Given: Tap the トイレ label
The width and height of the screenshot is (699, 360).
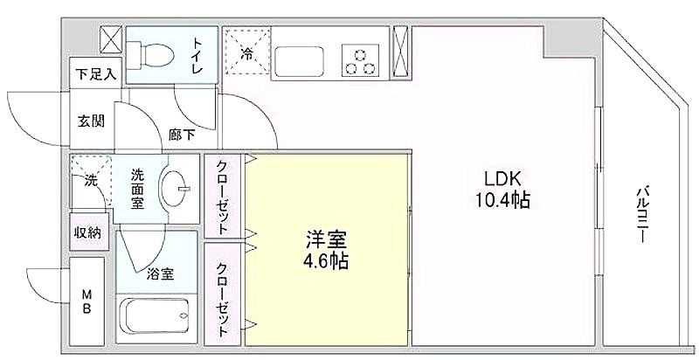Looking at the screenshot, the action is coord(197,56).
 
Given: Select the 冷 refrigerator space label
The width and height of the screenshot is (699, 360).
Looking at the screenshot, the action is coord(246,54).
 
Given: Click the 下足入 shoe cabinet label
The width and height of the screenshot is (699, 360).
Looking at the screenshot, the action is coord(95,74).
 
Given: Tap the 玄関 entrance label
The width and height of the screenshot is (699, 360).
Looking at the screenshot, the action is coord(91,121).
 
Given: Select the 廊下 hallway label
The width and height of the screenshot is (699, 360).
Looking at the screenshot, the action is coord(182,135).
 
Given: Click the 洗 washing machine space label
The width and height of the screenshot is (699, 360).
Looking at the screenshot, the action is coord(91,181).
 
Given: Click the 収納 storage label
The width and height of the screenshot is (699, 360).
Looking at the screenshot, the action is coord(87,232).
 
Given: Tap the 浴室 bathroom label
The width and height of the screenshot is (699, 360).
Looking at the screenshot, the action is coord(160,274).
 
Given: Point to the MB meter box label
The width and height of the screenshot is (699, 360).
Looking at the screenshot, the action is coord(87,301).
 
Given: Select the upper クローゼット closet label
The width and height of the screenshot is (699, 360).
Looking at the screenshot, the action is coord(222,197).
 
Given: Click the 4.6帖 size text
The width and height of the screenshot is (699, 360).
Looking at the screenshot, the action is coord(326,261).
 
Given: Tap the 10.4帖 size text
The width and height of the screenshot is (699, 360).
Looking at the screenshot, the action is coord(502,200).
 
